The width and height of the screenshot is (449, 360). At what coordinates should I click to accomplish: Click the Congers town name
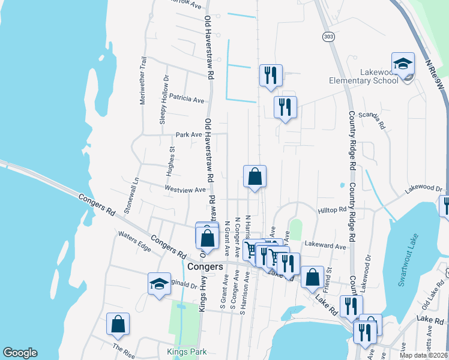click(x=205, y=266)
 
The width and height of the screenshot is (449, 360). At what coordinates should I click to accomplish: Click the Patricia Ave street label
click(x=187, y=97)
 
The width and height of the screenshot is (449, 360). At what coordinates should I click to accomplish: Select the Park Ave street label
click(x=188, y=134)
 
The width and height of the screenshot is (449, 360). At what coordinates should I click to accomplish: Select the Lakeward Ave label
click(x=325, y=245)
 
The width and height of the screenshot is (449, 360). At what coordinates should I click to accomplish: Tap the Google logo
click(x=20, y=353)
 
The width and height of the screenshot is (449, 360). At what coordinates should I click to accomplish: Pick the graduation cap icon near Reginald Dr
click(x=160, y=283)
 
